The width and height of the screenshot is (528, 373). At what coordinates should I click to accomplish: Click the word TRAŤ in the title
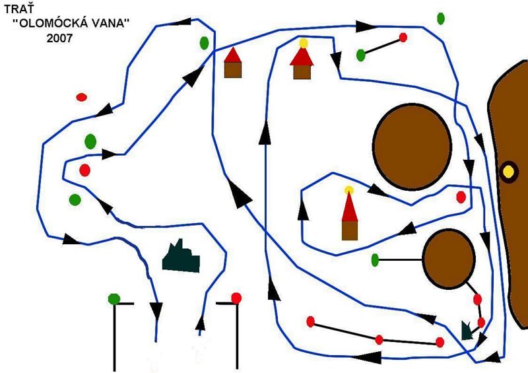coord(18,10)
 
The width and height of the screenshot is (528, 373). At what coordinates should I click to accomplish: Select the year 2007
coord(60,38)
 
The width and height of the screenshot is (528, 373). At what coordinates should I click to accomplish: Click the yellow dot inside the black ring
coord(508,172)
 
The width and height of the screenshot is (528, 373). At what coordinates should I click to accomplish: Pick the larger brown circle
coord(412,146)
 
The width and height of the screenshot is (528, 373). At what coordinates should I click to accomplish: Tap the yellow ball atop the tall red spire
coord(349,191)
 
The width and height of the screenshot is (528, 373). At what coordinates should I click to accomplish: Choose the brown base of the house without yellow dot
coord(232,69)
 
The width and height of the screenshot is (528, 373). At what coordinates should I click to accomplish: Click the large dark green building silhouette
coord(181,257)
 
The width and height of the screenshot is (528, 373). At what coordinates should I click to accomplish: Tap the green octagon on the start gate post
coord(114,299)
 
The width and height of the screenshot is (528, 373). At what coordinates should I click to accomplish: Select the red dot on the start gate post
coord(236,298)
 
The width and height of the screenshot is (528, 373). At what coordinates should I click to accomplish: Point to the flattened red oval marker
coord(82,97)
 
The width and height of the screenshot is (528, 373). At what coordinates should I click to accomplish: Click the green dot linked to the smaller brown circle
coord(375,259)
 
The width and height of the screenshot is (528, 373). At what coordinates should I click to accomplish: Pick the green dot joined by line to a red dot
coord(361,55)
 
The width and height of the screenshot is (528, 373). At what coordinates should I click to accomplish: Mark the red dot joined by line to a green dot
coord(403,38)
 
